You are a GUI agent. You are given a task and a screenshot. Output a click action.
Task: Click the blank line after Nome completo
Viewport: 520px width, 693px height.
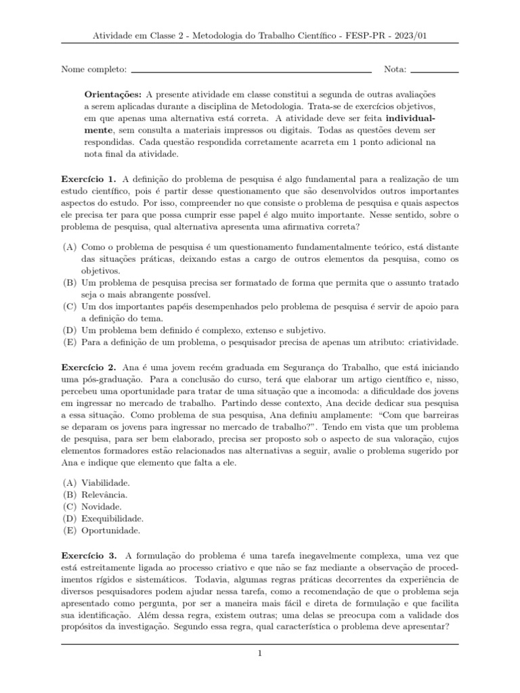pos(251,70)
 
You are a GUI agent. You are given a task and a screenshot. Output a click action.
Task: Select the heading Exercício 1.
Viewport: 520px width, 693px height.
pos(89,179)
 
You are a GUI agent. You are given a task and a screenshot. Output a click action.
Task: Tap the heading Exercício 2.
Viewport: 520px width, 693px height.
pos(89,366)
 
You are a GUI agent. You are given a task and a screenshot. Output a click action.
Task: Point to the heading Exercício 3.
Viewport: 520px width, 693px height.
pos(89,554)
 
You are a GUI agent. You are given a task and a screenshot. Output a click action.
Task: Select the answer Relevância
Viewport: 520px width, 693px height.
pos(104,494)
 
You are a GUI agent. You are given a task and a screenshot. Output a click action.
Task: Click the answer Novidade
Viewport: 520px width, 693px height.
pos(102,506)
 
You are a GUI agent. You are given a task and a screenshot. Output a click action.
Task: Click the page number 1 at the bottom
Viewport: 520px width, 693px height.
pos(259,654)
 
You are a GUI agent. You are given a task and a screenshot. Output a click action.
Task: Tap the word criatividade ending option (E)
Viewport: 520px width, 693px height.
pos(431,342)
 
